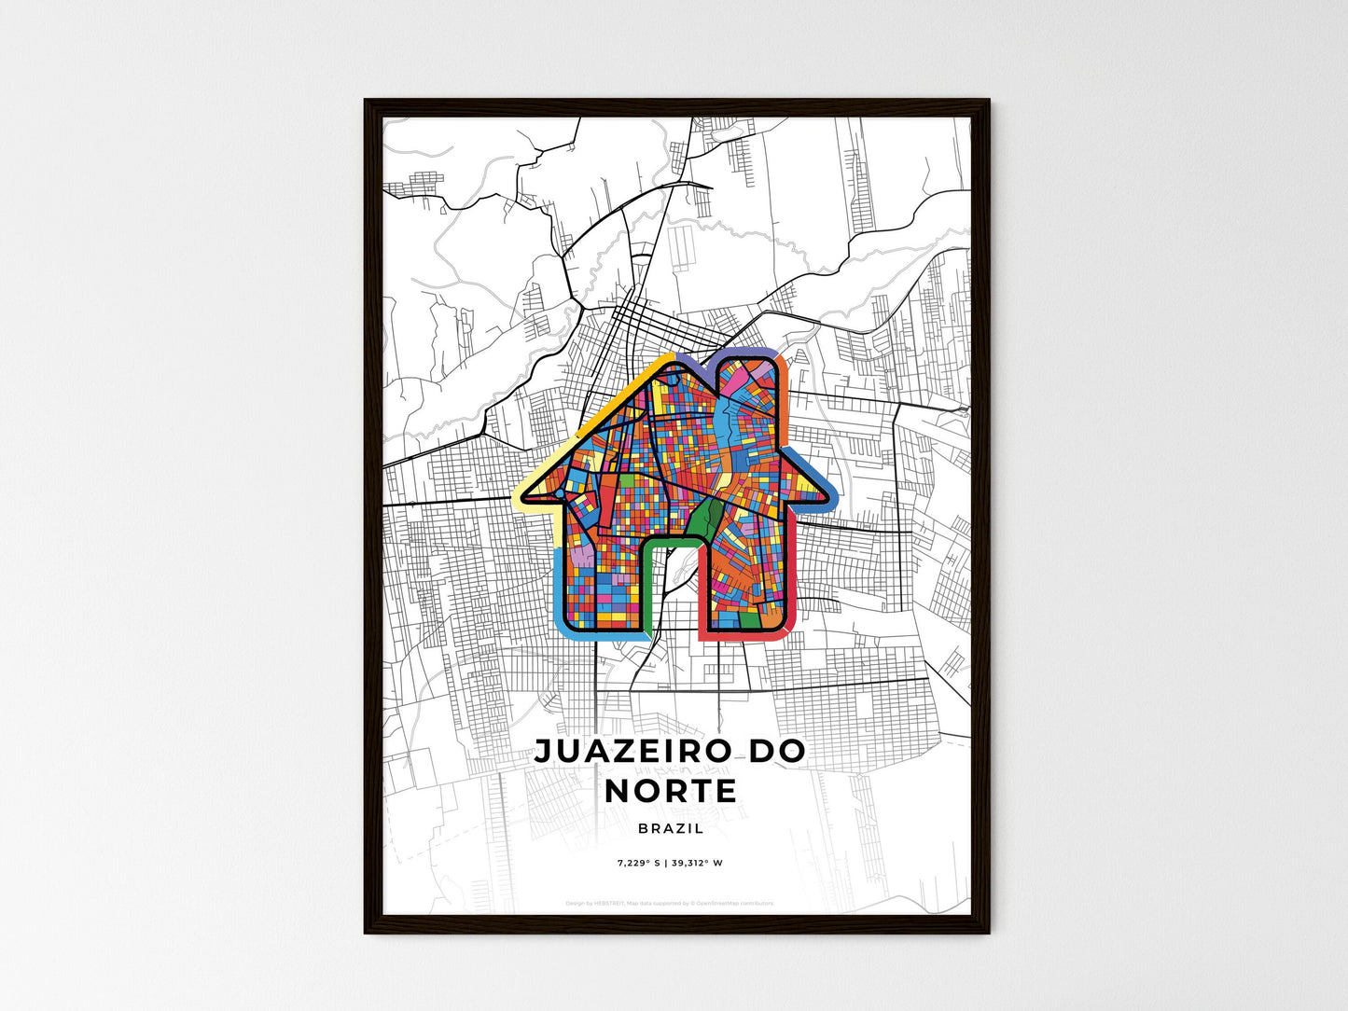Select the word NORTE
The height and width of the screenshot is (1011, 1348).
pos(671,791)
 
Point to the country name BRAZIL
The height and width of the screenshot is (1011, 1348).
pos(671,828)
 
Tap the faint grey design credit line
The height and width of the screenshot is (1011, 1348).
pos(670,903)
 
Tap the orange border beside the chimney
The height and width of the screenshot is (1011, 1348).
pos(785,392)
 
